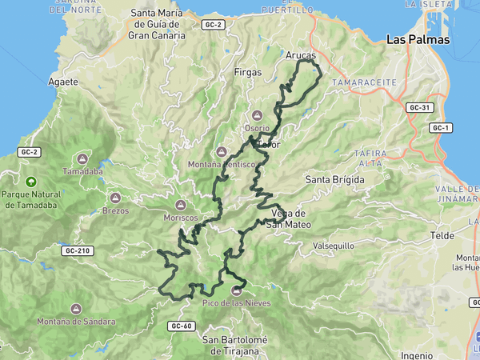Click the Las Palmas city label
[417, 39]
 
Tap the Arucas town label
[301, 56]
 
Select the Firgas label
[247, 72]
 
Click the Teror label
[270, 146]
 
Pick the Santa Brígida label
[334, 180]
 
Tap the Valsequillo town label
[333, 245]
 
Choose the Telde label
[442, 236]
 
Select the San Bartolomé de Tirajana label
[231, 346]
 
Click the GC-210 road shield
[78, 250]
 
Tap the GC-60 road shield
[182, 326]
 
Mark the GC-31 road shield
[419, 107]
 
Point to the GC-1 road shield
[440, 128]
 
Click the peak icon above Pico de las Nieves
[236, 290]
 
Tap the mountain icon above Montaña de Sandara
[76, 309]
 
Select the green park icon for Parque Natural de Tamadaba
[30, 182]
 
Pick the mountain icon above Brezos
[114, 198]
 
